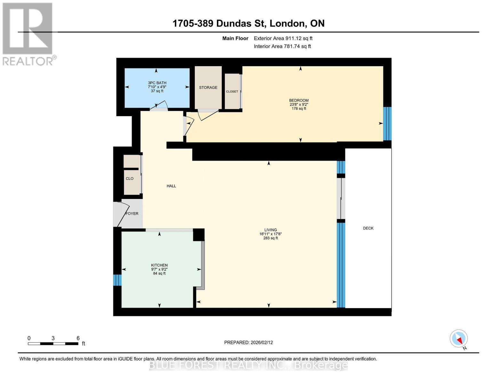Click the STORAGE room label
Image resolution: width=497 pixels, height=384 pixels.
click(x=208, y=87)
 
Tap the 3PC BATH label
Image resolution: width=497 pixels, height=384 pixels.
click(x=157, y=83)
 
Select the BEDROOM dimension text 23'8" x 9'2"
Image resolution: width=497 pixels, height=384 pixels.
click(x=299, y=105)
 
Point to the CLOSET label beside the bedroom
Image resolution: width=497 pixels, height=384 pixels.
click(x=232, y=92)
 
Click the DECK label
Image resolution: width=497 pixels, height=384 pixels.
click(x=368, y=228)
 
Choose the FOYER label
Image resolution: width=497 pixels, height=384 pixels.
click(x=132, y=213)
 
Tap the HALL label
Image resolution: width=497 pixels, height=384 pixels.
click(x=171, y=186)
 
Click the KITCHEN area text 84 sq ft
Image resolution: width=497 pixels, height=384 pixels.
click(x=159, y=273)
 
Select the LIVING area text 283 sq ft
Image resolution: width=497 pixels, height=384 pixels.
click(x=270, y=238)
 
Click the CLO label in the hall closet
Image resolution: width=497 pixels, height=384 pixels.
click(x=130, y=178)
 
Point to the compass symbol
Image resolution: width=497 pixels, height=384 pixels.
click(x=458, y=339)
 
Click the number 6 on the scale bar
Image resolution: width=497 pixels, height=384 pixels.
click(x=78, y=338)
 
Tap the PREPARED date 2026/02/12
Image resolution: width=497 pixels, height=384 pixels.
click(x=262, y=342)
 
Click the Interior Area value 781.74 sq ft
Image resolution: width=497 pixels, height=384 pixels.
click(x=297, y=46)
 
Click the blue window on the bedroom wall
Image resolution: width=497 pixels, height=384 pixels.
click(x=387, y=124)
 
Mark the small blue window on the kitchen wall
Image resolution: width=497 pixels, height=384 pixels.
click(x=117, y=280)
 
